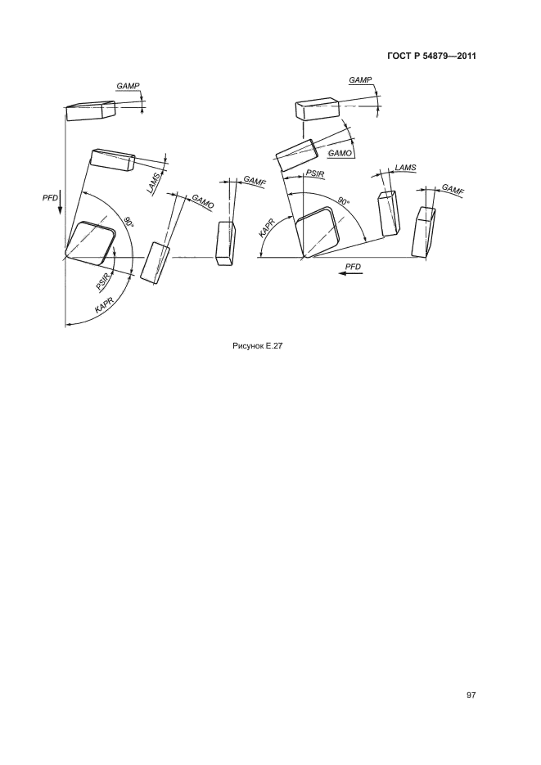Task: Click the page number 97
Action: [471, 695]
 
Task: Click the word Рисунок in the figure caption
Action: [247, 346]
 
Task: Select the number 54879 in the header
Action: [430, 56]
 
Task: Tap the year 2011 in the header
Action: [466, 56]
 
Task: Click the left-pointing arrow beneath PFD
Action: [351, 273]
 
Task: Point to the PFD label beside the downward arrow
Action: [50, 198]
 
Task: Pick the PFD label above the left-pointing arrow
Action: [353, 267]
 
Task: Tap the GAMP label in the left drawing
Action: [128, 86]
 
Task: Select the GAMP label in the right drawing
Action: [360, 80]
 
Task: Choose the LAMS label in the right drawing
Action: [405, 168]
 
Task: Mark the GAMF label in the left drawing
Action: [255, 182]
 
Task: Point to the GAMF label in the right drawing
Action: [453, 189]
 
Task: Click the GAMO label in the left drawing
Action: [202, 202]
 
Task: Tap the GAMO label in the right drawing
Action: [340, 153]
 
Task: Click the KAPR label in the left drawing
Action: [105, 306]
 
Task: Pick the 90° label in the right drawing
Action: [345, 200]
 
